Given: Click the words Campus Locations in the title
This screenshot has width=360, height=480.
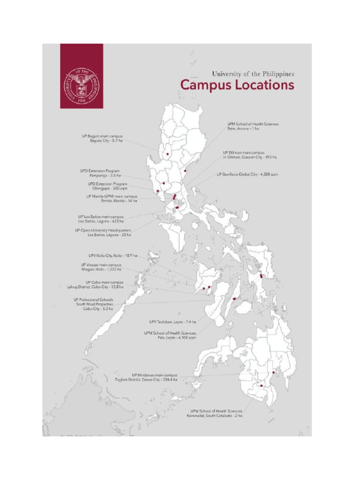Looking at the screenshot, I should pyautogui.click(x=237, y=85).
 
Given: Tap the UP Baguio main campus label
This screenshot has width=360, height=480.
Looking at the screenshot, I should pyautogui.click(x=102, y=138).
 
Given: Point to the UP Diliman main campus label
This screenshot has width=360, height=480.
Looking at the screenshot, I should pyautogui.click(x=249, y=155).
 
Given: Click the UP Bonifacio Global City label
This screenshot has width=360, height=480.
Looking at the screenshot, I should pyautogui.click(x=247, y=174).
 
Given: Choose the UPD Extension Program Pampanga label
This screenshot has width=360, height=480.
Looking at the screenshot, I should pyautogui.click(x=100, y=172).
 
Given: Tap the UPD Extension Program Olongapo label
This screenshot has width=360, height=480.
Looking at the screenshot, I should pyautogui.click(x=107, y=186).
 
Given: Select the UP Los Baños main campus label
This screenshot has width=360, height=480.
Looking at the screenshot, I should pyautogui.click(x=101, y=219).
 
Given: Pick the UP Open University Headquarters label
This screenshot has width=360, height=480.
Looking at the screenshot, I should pyautogui.click(x=103, y=232).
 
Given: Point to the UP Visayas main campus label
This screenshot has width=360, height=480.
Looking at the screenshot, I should pyautogui.click(x=101, y=267).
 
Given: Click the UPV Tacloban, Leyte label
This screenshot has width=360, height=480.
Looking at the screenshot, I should pyautogui.click(x=172, y=322).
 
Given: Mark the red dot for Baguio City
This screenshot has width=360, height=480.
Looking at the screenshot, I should pyautogui.click(x=167, y=154).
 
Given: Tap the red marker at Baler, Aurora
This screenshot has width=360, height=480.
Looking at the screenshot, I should pyautogui.click(x=186, y=171).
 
